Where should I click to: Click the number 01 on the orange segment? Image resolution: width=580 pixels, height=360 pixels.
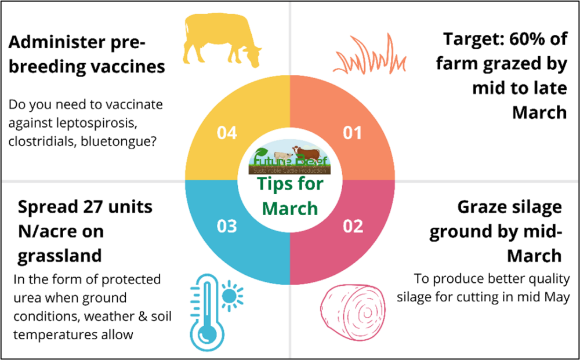pyautogui.click(x=353, y=133)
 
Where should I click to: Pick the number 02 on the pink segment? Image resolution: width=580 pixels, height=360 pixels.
pyautogui.click(x=353, y=226)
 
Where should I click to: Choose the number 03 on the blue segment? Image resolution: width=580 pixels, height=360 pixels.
pyautogui.click(x=227, y=226)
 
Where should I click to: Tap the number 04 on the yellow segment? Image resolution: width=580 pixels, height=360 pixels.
pyautogui.click(x=227, y=133)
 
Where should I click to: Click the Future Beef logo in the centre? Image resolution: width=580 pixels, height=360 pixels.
pyautogui.click(x=290, y=159)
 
